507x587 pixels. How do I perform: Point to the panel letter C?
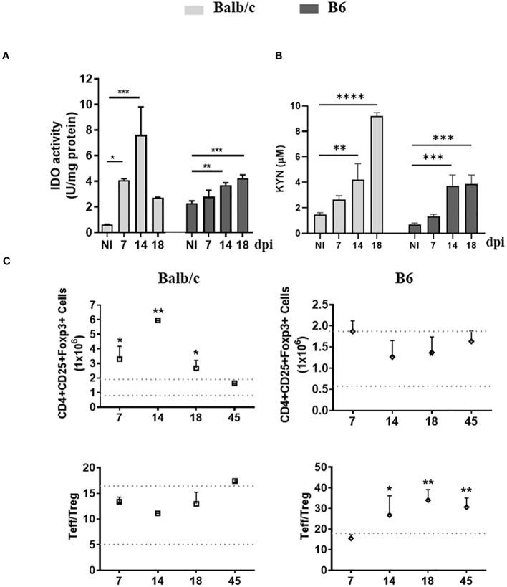coord(6,264)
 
